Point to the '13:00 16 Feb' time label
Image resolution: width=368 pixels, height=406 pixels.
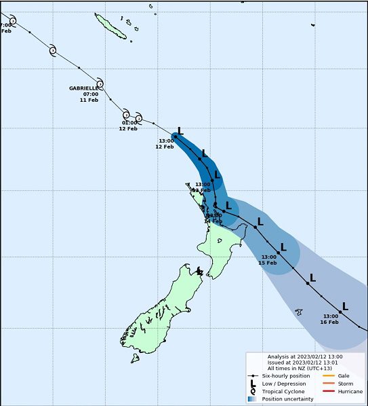[330, 319]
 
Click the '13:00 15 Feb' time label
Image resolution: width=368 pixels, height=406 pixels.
[268, 260]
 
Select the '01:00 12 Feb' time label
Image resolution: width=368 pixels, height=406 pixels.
[129, 126]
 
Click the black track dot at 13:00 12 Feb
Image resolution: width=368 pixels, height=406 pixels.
[176, 136]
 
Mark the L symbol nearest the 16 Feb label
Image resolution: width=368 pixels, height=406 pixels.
[344, 306]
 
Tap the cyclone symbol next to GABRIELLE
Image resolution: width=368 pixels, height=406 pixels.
[100, 84]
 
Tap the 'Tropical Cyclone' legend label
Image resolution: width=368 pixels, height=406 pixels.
[283, 391]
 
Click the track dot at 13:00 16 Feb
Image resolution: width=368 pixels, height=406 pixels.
[340, 312]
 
